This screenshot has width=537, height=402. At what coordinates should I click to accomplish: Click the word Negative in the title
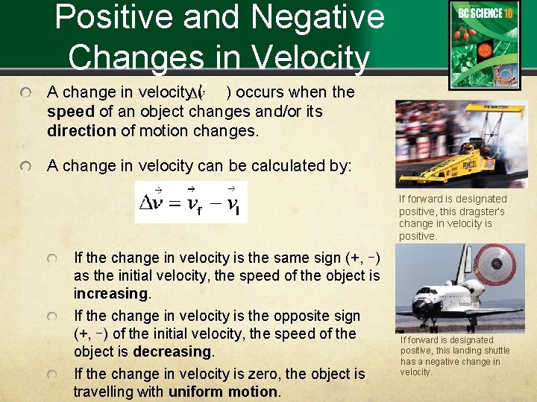point(324,17)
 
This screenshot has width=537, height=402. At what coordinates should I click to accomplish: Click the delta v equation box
point(190,202)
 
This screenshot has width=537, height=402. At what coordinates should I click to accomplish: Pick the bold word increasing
point(110,293)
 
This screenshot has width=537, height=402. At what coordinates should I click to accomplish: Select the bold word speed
point(70,112)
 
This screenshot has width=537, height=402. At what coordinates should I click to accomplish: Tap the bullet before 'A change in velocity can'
point(26,166)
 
